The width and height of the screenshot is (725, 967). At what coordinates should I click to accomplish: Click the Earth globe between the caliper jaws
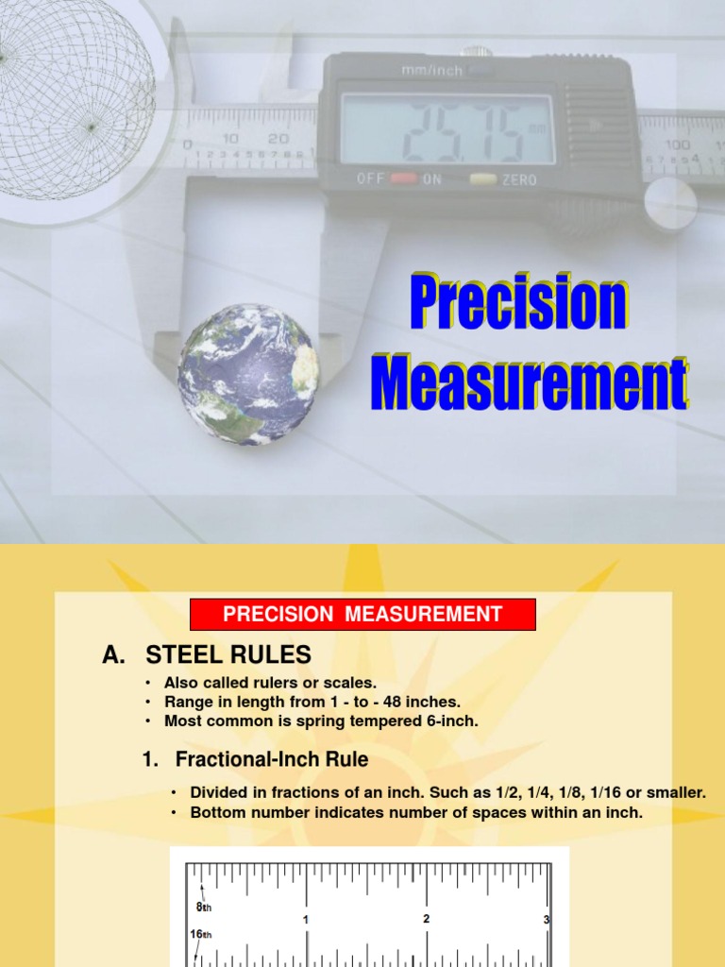click(248, 374)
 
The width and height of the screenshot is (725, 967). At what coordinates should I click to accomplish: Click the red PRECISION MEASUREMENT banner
click(362, 615)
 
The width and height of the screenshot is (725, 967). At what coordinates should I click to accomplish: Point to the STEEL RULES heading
click(228, 654)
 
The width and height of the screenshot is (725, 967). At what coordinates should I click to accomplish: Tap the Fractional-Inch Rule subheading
click(272, 759)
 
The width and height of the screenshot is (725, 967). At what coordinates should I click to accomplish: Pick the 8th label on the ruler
click(205, 907)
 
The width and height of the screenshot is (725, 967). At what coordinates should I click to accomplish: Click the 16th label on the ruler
click(201, 935)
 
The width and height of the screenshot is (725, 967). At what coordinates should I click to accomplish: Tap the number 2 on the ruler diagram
click(427, 918)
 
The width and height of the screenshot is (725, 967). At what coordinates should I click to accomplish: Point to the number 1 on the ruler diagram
click(306, 919)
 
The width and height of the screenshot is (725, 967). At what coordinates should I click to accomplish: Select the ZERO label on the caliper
click(518, 179)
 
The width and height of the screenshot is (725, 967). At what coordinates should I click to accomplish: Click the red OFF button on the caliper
click(404, 178)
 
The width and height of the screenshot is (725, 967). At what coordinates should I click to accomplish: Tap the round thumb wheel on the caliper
click(669, 202)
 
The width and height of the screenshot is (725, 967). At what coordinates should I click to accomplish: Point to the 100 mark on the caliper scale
click(677, 144)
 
